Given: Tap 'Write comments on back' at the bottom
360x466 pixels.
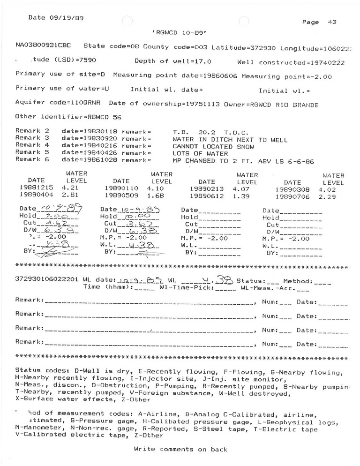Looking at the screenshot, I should [x=180, y=449].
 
